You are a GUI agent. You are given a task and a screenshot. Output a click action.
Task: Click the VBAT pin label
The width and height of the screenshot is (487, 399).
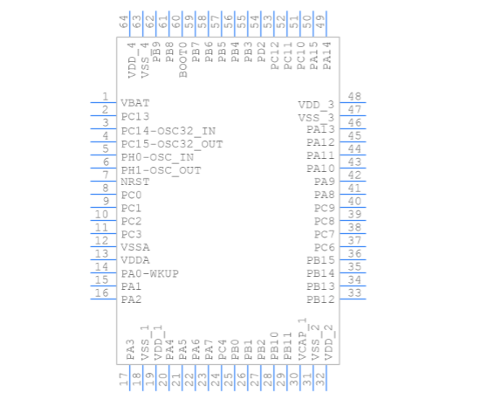tap(135, 103)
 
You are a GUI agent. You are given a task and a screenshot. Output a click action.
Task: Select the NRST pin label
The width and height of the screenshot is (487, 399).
tap(135, 182)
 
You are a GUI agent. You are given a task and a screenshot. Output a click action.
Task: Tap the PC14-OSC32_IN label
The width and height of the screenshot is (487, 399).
tap(168, 129)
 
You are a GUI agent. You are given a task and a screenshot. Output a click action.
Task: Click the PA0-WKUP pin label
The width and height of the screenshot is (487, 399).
tap(150, 273)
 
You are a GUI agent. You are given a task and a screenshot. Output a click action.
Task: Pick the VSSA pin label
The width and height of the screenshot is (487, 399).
tap(135, 247)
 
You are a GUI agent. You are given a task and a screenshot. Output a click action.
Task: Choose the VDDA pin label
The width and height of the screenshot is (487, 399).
tap(135, 260)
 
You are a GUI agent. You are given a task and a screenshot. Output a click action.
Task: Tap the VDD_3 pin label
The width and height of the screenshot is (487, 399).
tap(316, 105)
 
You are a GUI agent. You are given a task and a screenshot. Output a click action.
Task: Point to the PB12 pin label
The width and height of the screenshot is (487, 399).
tap(320, 299)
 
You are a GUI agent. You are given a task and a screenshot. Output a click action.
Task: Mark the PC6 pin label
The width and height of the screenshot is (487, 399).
tap(325, 247)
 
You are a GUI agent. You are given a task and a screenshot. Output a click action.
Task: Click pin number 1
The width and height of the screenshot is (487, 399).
tap(105, 96)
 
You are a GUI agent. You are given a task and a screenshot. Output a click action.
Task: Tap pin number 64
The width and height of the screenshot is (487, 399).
tap(124, 18)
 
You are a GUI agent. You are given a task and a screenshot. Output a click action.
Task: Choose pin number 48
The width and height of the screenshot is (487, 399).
tap(354, 96)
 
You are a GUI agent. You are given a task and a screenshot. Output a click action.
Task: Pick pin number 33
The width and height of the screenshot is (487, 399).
tap(354, 292)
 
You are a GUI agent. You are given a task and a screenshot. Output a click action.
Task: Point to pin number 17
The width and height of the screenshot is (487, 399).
tap(124, 378)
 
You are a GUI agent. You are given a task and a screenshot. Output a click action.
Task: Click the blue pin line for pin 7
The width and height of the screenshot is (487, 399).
tap(103, 181)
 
